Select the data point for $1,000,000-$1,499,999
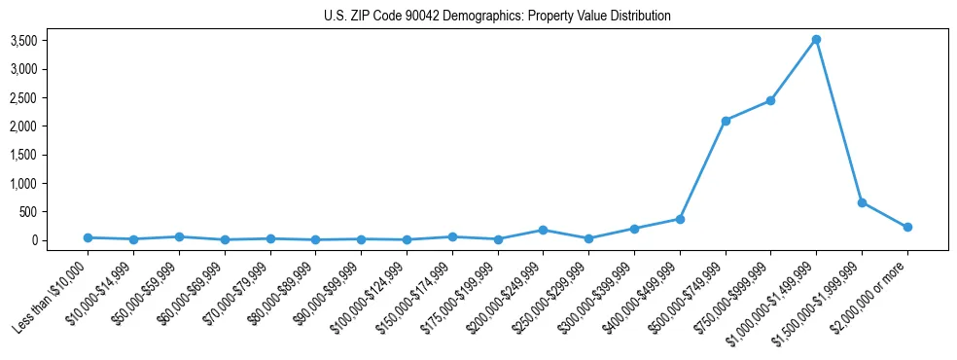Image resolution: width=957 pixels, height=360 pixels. [x=816, y=40]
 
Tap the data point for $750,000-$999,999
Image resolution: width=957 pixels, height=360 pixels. [x=770, y=100]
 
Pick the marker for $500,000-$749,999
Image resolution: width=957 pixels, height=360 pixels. [x=726, y=121]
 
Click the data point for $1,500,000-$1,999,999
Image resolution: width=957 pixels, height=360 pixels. [x=862, y=202]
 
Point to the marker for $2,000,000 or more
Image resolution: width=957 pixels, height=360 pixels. [x=907, y=227]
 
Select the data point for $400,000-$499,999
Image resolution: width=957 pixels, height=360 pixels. [x=680, y=219]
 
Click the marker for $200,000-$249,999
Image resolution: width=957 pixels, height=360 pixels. [x=543, y=230]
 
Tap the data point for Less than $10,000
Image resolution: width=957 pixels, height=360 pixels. [x=88, y=237]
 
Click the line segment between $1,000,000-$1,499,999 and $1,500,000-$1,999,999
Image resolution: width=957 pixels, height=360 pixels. [x=838, y=121]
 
